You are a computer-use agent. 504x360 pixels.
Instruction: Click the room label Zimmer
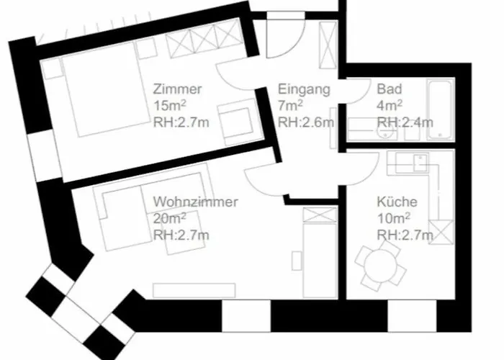coord(177,89)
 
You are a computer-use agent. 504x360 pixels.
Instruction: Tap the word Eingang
coord(304,89)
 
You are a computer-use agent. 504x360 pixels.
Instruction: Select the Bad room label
coord(390,89)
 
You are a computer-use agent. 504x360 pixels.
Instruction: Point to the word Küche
coord(397,202)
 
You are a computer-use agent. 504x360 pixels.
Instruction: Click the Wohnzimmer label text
coord(195,202)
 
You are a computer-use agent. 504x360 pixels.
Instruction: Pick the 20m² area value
coord(169,218)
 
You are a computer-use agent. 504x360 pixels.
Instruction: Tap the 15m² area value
coord(169,105)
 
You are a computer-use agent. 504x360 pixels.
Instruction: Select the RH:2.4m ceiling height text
coord(405,122)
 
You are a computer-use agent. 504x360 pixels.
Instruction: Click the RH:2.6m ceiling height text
coord(306,122)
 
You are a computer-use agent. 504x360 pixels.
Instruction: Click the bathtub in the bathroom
coord(440,109)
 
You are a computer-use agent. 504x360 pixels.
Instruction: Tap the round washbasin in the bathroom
coord(385,132)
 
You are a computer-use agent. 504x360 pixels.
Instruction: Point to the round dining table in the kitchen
coord(381,266)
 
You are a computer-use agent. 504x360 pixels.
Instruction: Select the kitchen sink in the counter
coord(420,162)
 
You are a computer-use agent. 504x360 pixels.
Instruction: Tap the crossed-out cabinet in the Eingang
coord(328,45)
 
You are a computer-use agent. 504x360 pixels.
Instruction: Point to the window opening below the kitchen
coord(412,315)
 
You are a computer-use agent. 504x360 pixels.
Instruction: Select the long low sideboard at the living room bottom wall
coord(194,291)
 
